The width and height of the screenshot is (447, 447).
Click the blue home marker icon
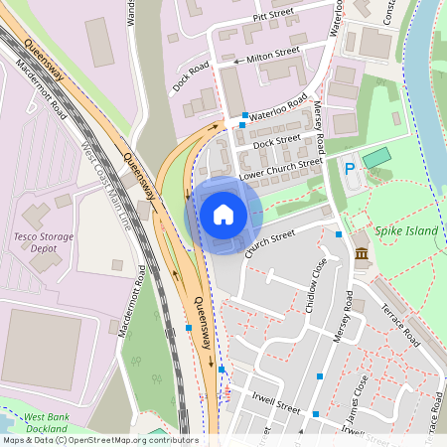click(x=223, y=215)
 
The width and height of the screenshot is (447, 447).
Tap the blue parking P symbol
click(x=349, y=169)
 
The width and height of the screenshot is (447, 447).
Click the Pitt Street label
click(x=276, y=17)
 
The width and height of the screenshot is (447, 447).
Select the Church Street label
click(x=270, y=242)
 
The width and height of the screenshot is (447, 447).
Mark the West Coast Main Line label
click(x=105, y=190)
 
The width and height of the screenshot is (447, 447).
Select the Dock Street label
click(x=276, y=142)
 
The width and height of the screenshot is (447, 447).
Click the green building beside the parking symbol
click(x=376, y=158)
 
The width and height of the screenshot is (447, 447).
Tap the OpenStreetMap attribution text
click(x=99, y=440)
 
